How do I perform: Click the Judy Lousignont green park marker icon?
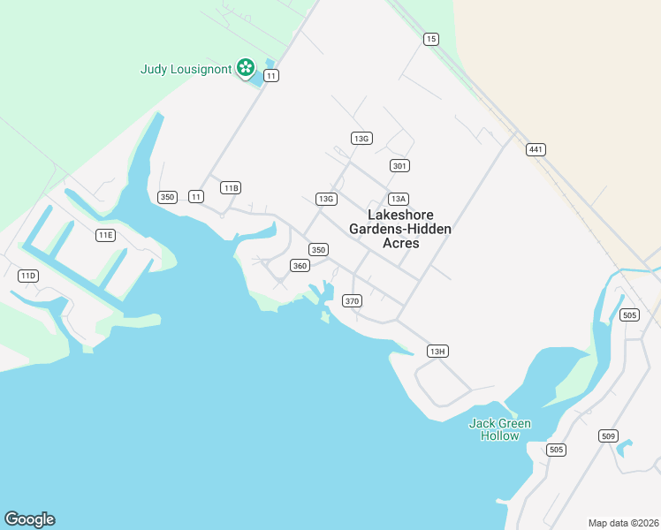246,68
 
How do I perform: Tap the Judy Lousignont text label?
186,69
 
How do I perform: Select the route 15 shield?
430,39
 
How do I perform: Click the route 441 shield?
535,149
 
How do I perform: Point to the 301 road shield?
399,166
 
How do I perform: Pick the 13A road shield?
399,199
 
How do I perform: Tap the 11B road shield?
231,188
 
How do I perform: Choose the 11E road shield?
106,235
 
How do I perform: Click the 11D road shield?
28,276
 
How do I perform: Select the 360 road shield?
300,266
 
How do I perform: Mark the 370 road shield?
353,301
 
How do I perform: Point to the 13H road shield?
437,352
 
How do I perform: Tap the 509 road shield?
607,435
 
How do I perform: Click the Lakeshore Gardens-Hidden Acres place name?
400,229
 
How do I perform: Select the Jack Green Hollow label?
499,429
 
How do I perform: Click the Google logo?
30,519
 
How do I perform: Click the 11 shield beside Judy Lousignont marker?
271,76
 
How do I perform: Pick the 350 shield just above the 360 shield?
318,250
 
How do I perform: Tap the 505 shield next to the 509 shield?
556,450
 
